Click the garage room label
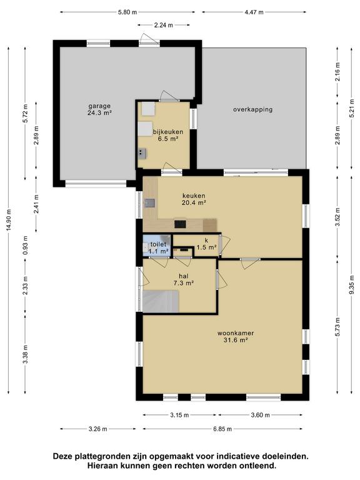(x=99, y=109)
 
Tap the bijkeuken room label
(x=168, y=135)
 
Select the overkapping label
(x=253, y=109)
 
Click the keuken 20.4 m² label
(x=194, y=199)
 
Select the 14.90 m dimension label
(x=9, y=219)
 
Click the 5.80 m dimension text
(x=127, y=12)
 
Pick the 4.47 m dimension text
(x=254, y=12)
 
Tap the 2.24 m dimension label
(x=164, y=25)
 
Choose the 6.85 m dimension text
(x=222, y=429)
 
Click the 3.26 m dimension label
(x=98, y=429)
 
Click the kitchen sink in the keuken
(x=150, y=203)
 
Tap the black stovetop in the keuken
(x=180, y=224)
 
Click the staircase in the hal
(x=161, y=301)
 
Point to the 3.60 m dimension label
(x=260, y=415)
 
